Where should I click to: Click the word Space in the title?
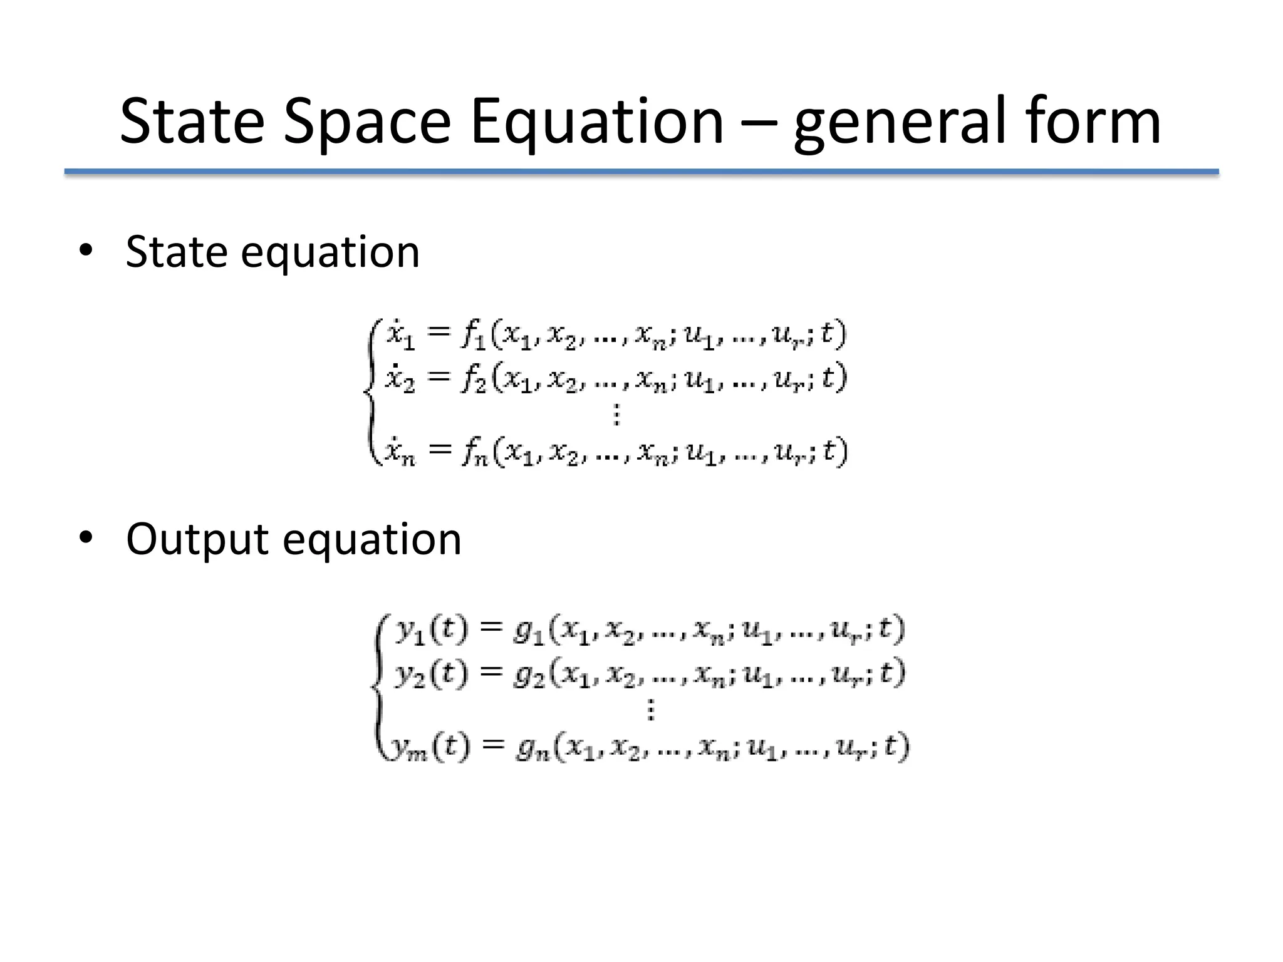(366, 122)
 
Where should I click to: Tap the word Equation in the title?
(597, 122)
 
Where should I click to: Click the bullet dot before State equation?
(86, 251)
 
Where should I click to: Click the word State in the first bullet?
(176, 252)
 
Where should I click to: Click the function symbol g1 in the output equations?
(529, 631)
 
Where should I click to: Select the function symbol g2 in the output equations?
(529, 675)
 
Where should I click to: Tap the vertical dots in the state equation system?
(616, 415)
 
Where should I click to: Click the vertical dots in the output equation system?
(651, 710)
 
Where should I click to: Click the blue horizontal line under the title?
(641, 172)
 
